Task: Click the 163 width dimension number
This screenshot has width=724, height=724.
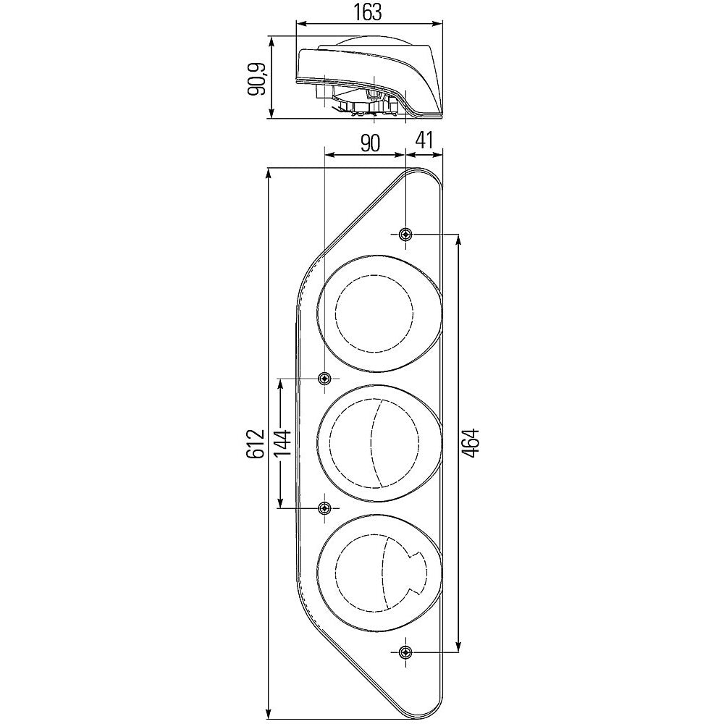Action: [x=369, y=12]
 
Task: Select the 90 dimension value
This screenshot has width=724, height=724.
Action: [x=369, y=143]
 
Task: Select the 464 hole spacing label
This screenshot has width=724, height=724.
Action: [x=471, y=442]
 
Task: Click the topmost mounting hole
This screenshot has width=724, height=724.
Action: [x=405, y=234]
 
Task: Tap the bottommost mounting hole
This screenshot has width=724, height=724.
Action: [x=405, y=652]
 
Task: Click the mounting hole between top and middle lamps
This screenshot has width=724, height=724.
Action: [x=324, y=378]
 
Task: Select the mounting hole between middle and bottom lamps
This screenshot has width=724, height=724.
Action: [x=324, y=508]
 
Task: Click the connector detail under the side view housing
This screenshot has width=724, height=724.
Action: [x=362, y=105]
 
